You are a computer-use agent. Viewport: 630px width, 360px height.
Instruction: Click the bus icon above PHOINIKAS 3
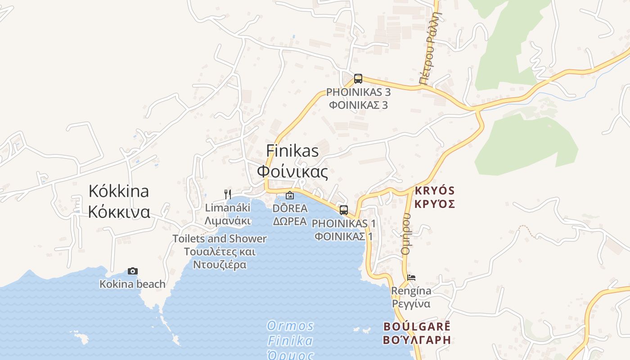click(358, 79)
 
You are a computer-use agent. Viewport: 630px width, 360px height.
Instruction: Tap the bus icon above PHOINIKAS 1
click(344, 210)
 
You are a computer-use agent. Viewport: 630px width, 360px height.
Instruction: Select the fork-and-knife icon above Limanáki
click(228, 194)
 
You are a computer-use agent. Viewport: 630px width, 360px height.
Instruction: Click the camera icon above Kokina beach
click(132, 271)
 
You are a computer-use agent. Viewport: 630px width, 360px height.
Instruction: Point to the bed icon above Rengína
click(411, 277)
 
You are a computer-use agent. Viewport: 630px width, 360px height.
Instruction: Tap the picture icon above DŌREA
click(290, 195)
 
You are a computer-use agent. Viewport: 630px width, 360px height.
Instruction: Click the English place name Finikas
click(292, 151)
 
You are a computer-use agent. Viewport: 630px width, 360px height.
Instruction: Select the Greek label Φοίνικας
click(292, 171)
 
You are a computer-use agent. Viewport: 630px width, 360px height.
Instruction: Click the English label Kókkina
click(119, 191)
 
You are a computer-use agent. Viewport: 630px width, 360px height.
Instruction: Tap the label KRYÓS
click(435, 190)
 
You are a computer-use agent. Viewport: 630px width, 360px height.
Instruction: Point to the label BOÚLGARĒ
click(417, 326)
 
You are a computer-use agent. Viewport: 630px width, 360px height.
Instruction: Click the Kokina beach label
click(132, 284)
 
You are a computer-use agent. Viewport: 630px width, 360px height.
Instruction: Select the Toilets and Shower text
click(220, 238)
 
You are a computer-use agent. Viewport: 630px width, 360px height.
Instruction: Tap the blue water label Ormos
click(290, 325)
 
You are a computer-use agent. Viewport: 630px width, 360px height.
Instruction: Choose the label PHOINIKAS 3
click(358, 92)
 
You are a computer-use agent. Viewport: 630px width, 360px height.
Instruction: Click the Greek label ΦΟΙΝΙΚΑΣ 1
click(343, 236)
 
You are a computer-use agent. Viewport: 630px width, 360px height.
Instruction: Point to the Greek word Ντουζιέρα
click(220, 265)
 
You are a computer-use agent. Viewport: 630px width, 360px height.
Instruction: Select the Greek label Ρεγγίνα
click(411, 304)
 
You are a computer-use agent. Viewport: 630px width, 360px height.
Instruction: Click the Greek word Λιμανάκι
click(228, 221)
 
